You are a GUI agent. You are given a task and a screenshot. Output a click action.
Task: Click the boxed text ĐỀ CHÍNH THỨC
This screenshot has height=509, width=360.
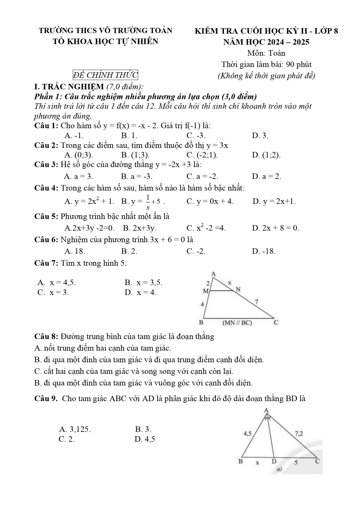click(105, 75)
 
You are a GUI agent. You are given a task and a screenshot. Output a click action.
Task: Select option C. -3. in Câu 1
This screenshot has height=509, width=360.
click(196, 135)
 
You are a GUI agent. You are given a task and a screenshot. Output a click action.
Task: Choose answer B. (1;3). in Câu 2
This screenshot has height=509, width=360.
click(135, 155)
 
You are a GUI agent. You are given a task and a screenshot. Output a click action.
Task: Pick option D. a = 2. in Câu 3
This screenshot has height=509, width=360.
click(267, 176)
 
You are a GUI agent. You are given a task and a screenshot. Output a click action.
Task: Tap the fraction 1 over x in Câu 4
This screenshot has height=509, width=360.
click(148, 202)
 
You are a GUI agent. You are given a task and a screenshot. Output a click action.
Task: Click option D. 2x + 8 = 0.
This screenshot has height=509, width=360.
click(276, 228)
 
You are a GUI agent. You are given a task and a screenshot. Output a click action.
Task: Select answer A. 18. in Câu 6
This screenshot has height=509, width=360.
click(75, 251)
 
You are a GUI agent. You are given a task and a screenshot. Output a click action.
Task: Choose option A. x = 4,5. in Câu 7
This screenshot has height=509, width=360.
click(57, 282)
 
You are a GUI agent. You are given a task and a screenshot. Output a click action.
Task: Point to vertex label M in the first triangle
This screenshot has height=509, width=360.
click(205, 291)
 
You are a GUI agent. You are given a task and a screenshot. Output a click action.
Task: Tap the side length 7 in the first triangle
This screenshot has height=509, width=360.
click(256, 302)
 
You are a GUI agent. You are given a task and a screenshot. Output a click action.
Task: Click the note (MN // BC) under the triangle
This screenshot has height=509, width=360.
click(237, 323)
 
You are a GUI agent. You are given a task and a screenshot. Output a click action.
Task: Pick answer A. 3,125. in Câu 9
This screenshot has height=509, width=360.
click(75, 429)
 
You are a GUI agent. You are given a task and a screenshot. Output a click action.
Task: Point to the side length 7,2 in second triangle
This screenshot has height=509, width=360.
click(299, 434)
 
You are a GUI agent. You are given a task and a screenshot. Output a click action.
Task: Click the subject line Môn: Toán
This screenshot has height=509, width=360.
click(266, 53)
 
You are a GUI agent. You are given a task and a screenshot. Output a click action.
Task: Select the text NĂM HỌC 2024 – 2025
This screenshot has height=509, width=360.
click(266, 42)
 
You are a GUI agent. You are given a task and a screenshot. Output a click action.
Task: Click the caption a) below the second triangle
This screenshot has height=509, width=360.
click(279, 469)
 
